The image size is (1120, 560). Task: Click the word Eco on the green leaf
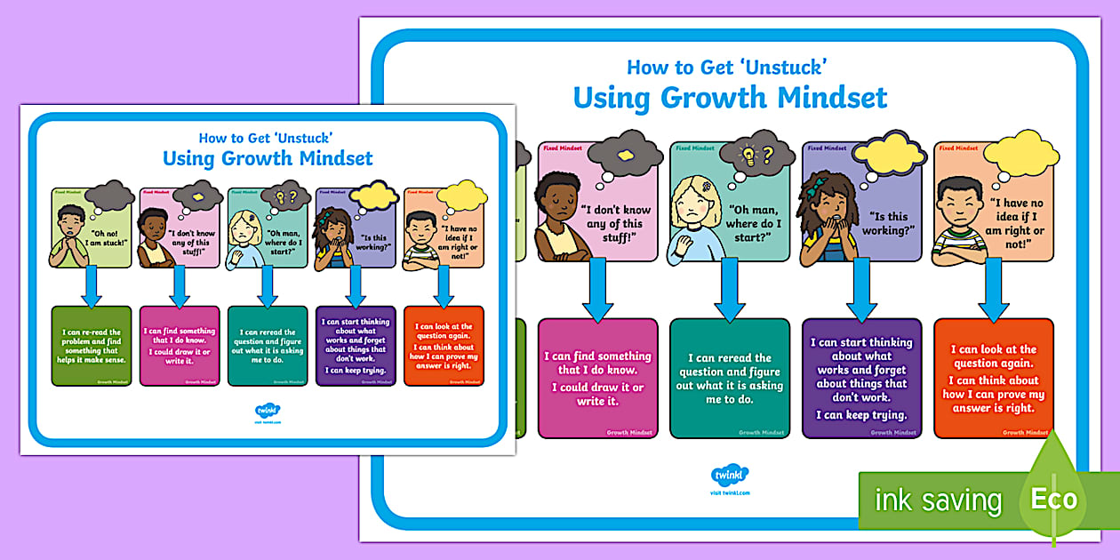pyautogui.click(x=1054, y=499)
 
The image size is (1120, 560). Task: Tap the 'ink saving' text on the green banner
pyautogui.click(x=938, y=500)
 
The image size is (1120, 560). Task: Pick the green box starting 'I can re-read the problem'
pyautogui.click(x=92, y=346)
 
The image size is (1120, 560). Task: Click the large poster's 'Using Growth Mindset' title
pyautogui.click(x=730, y=97)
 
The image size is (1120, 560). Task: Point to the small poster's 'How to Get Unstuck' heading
pyautogui.click(x=266, y=138)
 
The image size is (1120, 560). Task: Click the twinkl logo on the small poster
pyautogui.click(x=267, y=411)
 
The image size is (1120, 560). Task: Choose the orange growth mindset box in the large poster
pyautogui.click(x=993, y=379)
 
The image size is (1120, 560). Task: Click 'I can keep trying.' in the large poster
pyautogui.click(x=861, y=415)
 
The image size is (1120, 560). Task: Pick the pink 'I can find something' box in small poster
pyautogui.click(x=179, y=346)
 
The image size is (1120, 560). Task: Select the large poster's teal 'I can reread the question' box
pyautogui.click(x=729, y=379)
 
